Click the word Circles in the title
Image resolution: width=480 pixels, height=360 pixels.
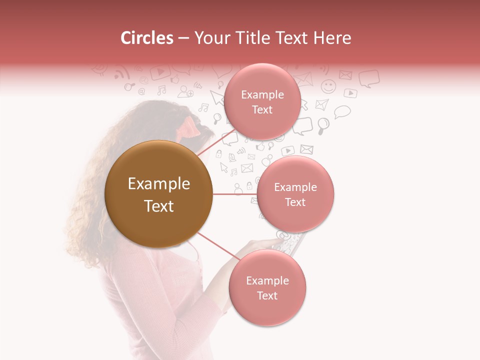147,38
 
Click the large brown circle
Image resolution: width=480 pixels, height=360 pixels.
159,194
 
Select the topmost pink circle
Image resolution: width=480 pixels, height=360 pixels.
262,101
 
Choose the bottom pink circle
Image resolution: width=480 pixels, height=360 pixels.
267,287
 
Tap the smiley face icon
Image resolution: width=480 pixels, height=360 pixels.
328,86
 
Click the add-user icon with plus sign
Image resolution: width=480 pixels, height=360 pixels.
185,91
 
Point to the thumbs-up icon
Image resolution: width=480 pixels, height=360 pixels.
259,147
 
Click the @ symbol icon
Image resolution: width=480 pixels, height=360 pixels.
141,91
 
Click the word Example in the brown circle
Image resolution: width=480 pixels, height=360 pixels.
159,184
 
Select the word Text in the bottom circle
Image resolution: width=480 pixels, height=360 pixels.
267,295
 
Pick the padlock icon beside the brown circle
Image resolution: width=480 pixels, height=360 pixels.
218,152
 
